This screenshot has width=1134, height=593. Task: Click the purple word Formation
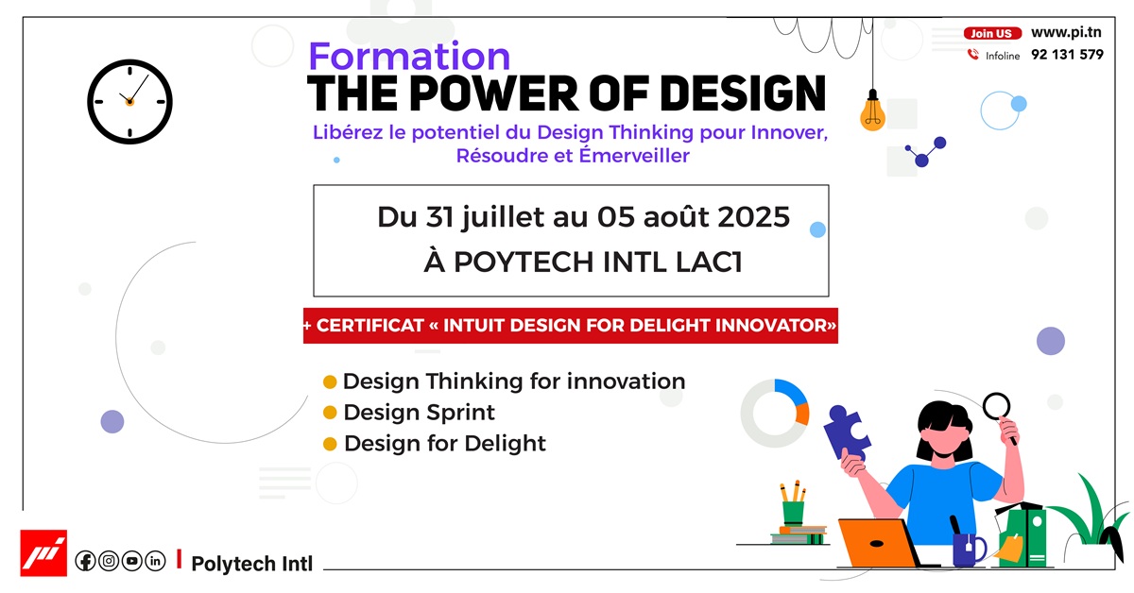click(409, 56)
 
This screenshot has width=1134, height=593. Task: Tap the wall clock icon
click(129, 102)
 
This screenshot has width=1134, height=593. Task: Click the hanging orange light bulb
click(872, 110)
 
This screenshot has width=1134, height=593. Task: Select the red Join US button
click(992, 33)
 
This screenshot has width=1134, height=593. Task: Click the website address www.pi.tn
click(1066, 32)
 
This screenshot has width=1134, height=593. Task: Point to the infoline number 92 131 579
click(1067, 55)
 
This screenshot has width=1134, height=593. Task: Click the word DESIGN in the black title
click(743, 93)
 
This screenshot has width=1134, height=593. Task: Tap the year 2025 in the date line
click(753, 217)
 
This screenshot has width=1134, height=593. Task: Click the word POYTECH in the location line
click(524, 263)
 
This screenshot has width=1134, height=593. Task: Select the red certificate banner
click(571, 326)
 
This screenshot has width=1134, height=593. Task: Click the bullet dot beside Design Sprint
click(330, 413)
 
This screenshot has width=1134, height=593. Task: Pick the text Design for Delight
click(445, 443)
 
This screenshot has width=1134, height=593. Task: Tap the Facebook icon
click(85, 561)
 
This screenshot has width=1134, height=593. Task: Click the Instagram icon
click(109, 561)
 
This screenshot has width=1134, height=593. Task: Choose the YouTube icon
click(132, 561)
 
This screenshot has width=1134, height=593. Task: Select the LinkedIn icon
click(155, 561)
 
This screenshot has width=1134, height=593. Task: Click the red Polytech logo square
click(43, 553)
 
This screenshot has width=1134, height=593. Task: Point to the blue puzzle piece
click(847, 432)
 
